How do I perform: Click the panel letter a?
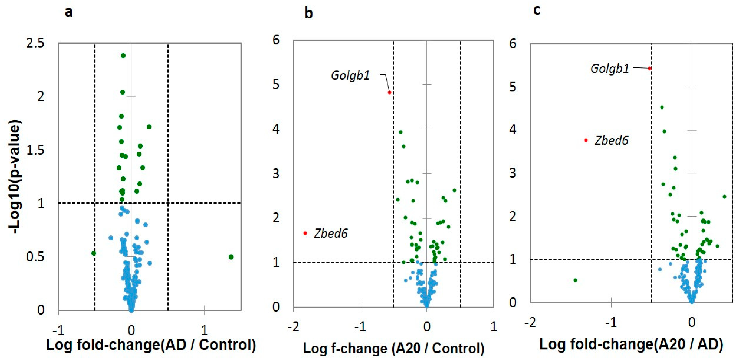69,12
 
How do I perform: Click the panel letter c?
536,10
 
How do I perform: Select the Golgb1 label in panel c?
609,69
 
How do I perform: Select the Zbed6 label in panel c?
612,140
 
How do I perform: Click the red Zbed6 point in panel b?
305,233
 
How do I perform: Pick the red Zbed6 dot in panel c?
586,140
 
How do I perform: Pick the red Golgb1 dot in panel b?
389,93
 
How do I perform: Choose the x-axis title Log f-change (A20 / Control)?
393,348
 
